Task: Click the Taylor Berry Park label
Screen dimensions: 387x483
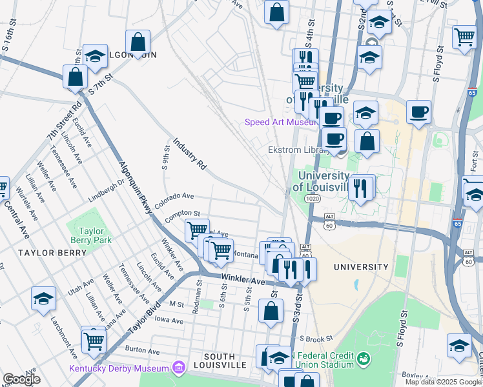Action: (x=96, y=235)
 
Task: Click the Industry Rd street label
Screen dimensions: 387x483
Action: (x=189, y=154)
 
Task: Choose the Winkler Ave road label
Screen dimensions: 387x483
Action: (x=243, y=281)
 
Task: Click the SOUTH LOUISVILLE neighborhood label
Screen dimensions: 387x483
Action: (x=225, y=364)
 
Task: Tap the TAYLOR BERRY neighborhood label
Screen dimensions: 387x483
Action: (x=52, y=253)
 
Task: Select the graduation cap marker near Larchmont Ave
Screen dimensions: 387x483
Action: (x=43, y=299)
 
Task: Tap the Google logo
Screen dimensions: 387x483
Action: (x=21, y=379)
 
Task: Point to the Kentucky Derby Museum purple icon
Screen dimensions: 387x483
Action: (x=179, y=368)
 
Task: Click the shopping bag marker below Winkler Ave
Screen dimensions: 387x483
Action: (x=271, y=311)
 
